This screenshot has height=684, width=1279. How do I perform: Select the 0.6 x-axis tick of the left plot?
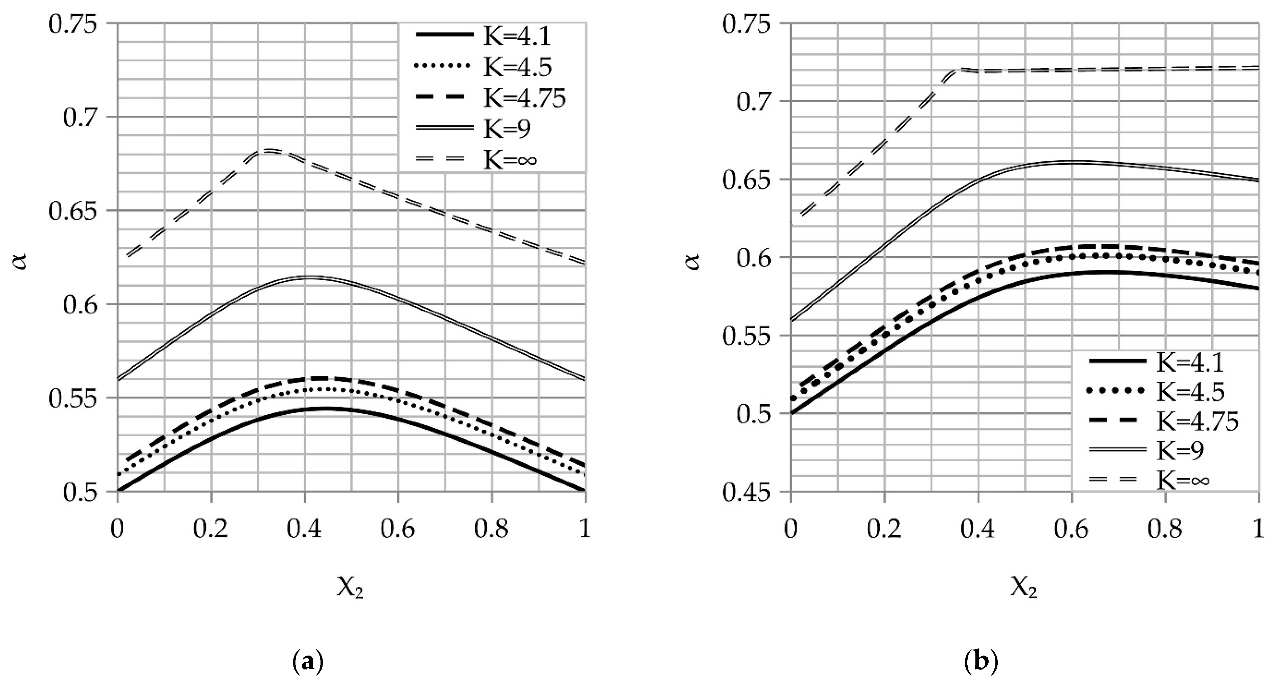point(398,530)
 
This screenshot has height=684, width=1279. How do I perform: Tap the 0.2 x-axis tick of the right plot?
point(884,530)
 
